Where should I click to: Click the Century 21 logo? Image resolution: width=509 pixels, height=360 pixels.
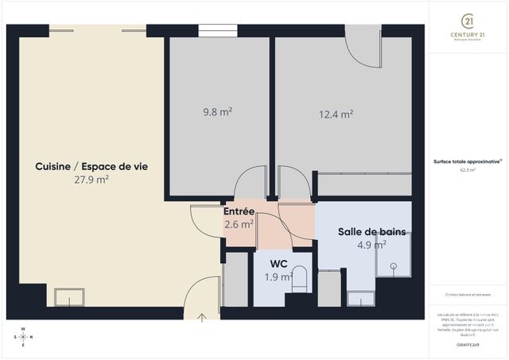point(468,21)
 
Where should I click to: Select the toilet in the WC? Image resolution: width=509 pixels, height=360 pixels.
point(300,281)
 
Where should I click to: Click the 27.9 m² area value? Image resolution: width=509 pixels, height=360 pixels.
point(91,180)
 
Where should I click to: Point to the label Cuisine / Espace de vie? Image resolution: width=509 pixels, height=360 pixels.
point(91,166)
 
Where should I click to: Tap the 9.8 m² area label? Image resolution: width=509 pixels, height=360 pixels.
point(217,112)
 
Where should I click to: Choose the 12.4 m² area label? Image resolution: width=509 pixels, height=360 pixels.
point(336,114)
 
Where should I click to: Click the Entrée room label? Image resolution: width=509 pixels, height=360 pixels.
point(238,211)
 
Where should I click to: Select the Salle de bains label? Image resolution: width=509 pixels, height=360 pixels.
point(371,232)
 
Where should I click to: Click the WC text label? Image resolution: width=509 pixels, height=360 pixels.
point(278,263)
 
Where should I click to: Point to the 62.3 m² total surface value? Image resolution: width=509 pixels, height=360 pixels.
point(468,169)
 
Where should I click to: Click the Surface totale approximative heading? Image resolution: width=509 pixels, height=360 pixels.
point(468,161)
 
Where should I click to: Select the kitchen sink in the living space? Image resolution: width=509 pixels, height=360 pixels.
point(69,296)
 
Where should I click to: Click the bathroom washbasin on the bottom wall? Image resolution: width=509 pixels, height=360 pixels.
point(361,298)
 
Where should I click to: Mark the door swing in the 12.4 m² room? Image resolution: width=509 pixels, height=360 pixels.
point(362,49)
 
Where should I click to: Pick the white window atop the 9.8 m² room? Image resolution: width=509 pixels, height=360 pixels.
point(217,30)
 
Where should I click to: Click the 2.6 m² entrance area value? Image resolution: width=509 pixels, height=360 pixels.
point(238,224)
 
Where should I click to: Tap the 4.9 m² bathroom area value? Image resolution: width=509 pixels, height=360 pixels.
point(371,245)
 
